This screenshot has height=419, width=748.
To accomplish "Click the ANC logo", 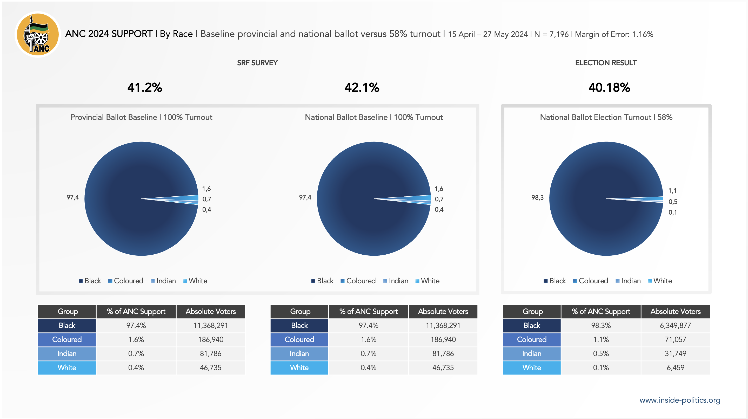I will (x=37, y=34).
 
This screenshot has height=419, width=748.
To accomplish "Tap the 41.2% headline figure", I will (x=145, y=88).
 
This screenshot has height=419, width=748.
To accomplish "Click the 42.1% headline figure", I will (x=362, y=88).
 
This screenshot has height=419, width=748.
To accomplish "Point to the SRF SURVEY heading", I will (x=257, y=63).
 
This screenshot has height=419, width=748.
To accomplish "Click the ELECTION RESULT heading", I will (x=606, y=63).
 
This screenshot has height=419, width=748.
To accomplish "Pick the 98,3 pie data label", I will (x=537, y=198).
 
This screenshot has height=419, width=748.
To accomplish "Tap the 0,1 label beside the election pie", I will (x=672, y=212).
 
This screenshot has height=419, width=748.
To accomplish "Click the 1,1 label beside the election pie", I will (x=672, y=191).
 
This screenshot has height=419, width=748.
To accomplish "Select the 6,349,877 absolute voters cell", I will (x=675, y=325).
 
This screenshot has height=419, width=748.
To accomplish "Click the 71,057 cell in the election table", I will (x=675, y=339).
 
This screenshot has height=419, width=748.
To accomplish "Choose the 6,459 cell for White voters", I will (x=675, y=368).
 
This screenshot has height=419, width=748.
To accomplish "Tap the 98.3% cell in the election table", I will (x=601, y=325).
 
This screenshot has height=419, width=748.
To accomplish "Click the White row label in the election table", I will (x=531, y=368).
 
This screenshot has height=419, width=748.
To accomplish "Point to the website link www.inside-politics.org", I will (x=680, y=400).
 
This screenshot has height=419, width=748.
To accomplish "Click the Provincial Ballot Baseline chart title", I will (x=141, y=117).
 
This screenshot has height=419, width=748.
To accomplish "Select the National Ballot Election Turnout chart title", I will (x=606, y=117).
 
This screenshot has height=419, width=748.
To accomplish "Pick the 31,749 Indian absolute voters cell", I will (x=675, y=353).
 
